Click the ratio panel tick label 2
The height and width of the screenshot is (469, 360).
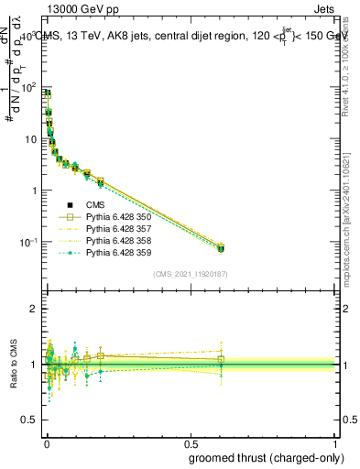pyautogui.click(x=34, y=309)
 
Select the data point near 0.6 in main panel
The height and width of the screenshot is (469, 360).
pyautogui.click(x=221, y=247)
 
